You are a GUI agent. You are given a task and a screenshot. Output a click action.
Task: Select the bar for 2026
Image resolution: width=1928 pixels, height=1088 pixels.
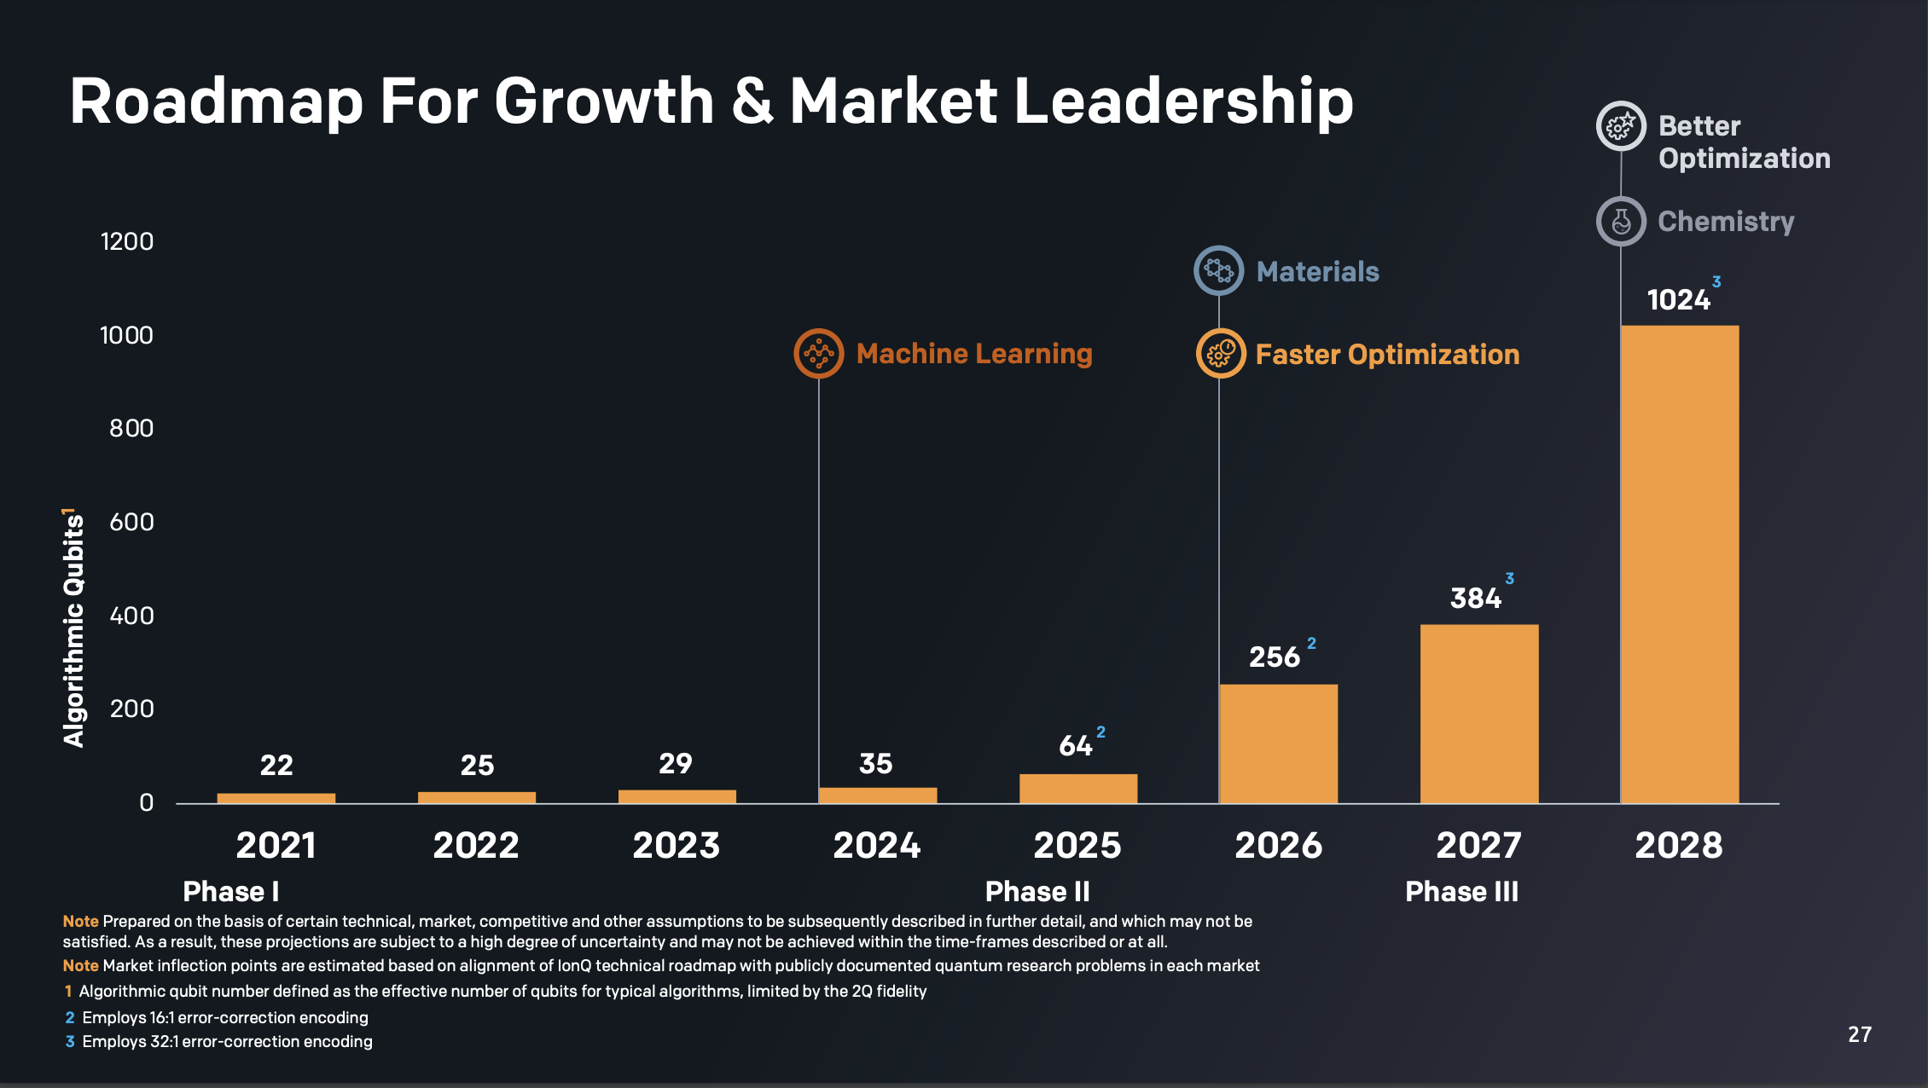pyautogui.click(x=1278, y=743)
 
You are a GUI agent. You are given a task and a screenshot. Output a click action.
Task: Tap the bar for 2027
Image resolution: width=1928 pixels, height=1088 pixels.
pyautogui.click(x=1478, y=713)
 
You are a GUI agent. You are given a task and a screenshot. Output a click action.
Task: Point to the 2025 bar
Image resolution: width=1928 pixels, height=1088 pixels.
pyautogui.click(x=1077, y=788)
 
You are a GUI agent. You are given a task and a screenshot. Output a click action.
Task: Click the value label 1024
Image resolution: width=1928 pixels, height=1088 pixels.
pyautogui.click(x=1678, y=300)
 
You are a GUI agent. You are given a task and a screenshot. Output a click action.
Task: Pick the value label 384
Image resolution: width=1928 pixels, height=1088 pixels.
pyautogui.click(x=1475, y=599)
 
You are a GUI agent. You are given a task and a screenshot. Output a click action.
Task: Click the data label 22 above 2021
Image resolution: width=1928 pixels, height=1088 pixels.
pyautogui.click(x=276, y=765)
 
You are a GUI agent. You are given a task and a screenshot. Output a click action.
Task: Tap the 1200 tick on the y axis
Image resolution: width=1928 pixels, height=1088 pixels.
pyautogui.click(x=127, y=241)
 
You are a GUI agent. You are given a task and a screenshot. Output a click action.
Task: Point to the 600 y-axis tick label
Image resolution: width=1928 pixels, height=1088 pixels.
pyautogui.click(x=131, y=522)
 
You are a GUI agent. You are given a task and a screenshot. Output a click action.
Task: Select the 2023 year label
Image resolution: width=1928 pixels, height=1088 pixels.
pyautogui.click(x=677, y=846)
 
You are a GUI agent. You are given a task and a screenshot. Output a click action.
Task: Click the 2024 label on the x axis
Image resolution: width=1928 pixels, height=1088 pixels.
pyautogui.click(x=877, y=846)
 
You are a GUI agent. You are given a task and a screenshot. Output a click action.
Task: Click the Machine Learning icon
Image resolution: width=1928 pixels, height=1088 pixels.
pyautogui.click(x=819, y=353)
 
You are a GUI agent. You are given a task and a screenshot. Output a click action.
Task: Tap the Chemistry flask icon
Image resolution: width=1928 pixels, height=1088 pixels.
pyautogui.click(x=1621, y=222)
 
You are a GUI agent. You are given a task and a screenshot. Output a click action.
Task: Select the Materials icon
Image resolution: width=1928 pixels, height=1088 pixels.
pyautogui.click(x=1218, y=271)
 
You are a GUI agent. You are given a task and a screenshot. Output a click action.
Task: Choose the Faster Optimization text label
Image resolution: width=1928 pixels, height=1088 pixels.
pyautogui.click(x=1387, y=355)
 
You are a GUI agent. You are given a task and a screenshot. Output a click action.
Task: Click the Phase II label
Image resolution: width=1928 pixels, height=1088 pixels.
pyautogui.click(x=1037, y=892)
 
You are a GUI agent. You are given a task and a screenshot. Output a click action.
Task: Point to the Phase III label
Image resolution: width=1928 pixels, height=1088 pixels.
pyautogui.click(x=1461, y=892)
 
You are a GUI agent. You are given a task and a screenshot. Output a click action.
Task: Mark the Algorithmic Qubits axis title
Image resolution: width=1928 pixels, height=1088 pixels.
pyautogui.click(x=74, y=629)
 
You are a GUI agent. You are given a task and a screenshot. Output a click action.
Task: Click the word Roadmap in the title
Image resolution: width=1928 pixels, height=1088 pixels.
pyautogui.click(x=217, y=102)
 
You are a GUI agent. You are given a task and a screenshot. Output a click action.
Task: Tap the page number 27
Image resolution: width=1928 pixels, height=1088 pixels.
pyautogui.click(x=1860, y=1034)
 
